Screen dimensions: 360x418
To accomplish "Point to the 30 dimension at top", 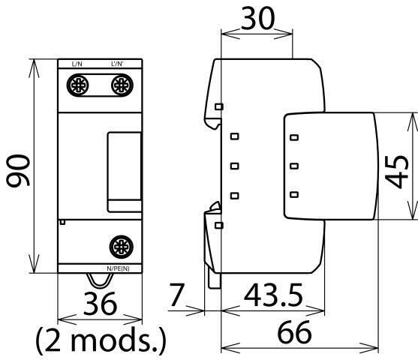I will point(257,18).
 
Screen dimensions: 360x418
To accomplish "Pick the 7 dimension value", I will point(176,296).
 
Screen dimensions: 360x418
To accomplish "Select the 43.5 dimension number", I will point(265,296).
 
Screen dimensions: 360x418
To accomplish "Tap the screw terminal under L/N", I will point(77,87).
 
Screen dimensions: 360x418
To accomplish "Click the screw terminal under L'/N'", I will point(119,87).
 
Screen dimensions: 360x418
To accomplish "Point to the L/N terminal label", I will point(77,64).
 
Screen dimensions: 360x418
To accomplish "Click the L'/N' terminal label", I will point(118,64).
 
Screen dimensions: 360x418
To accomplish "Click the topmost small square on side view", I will point(219,106).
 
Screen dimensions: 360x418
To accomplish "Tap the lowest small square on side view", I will point(219,225).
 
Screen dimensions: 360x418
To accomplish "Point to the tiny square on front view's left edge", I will point(62,222).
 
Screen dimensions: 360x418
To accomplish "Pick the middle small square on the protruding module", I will point(294,166).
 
